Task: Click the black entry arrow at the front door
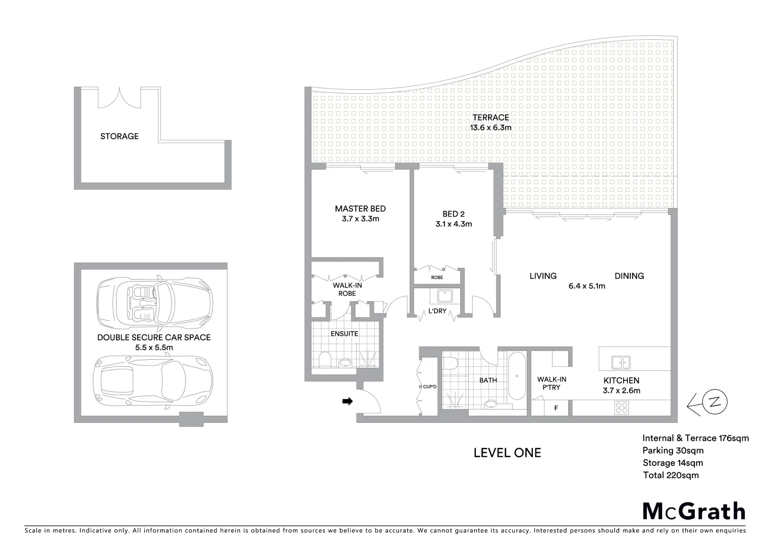(347, 401)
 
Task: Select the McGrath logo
(694, 511)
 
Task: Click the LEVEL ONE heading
(507, 453)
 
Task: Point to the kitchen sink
(621, 362)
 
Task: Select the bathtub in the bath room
(517, 376)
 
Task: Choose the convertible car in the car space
(154, 303)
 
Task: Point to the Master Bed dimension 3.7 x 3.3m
(360, 219)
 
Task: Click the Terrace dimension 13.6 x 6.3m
(490, 128)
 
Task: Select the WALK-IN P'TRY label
(552, 383)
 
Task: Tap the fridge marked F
(556, 408)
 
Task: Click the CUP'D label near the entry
(429, 387)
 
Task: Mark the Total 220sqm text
(671, 475)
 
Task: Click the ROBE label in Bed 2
(437, 278)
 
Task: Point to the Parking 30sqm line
(673, 451)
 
